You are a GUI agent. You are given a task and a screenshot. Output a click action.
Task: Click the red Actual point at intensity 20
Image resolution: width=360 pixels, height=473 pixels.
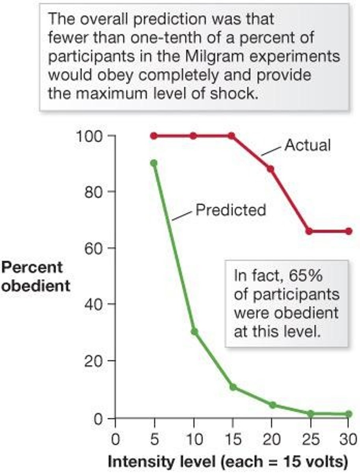pyautogui.click(x=270, y=169)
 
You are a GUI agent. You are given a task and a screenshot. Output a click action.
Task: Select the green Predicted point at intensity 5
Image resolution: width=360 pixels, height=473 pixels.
pyautogui.click(x=154, y=163)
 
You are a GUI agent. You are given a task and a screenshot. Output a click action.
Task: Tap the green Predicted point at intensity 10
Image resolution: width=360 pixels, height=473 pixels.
pyautogui.click(x=194, y=331)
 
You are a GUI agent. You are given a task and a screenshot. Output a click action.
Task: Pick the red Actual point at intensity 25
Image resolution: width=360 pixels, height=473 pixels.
pyautogui.click(x=310, y=231)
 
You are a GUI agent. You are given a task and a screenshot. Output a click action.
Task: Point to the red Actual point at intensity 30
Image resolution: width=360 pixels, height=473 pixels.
pyautogui.click(x=349, y=231)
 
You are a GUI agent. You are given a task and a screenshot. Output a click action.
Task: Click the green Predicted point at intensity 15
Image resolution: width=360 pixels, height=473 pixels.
pyautogui.click(x=233, y=387)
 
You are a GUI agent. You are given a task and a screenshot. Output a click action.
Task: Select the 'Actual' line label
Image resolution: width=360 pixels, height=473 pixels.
pyautogui.click(x=308, y=145)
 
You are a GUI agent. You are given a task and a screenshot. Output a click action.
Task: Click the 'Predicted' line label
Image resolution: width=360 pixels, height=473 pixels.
pyautogui.click(x=231, y=210)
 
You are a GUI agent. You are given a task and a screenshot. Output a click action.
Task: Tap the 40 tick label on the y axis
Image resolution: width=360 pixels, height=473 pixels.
pyautogui.click(x=95, y=304)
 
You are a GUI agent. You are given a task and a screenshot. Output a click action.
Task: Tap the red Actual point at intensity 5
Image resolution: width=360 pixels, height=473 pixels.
pyautogui.click(x=154, y=136)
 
